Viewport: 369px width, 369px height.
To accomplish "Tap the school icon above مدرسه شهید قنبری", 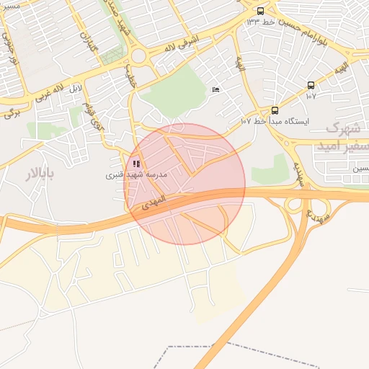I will coord(137,164).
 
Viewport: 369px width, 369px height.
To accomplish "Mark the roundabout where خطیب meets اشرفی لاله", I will coord(139,56).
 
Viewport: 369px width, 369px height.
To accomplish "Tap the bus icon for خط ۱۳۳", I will coord(260,11).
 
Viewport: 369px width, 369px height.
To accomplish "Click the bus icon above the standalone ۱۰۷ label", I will coord(311,85).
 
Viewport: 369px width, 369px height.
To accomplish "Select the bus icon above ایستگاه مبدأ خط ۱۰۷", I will coord(275,110).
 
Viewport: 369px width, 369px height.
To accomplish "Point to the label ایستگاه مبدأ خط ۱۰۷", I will coord(274,121).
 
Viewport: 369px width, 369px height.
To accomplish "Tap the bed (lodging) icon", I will coord(215,89).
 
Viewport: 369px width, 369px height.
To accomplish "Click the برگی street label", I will coord(11,112).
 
